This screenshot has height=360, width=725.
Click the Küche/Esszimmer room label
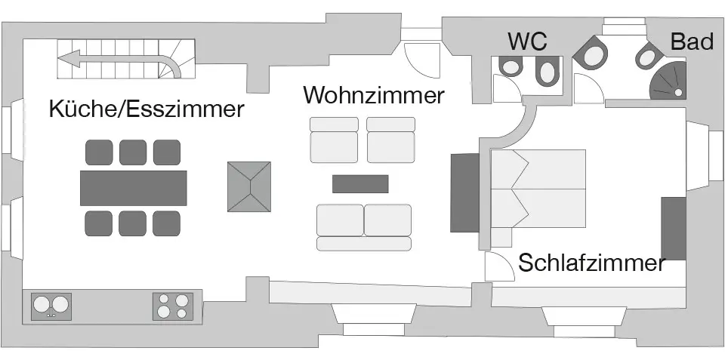(147, 109)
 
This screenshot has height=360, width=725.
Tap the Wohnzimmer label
(374, 96)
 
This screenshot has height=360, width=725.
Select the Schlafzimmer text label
(591, 263)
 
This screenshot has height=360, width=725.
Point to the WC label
(527, 41)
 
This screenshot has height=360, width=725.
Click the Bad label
(692, 42)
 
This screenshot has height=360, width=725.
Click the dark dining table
(133, 187)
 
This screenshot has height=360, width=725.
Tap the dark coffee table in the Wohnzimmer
(360, 183)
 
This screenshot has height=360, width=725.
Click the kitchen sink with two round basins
(51, 306)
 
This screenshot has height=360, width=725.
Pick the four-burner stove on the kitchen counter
(173, 306)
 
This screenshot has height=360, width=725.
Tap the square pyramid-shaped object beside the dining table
(249, 187)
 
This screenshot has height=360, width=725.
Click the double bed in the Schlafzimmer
(538, 189)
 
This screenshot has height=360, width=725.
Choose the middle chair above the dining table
(133, 152)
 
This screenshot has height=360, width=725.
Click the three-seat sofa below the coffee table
(364, 226)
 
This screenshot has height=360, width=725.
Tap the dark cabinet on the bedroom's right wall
(673, 228)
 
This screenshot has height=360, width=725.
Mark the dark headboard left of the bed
(464, 192)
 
